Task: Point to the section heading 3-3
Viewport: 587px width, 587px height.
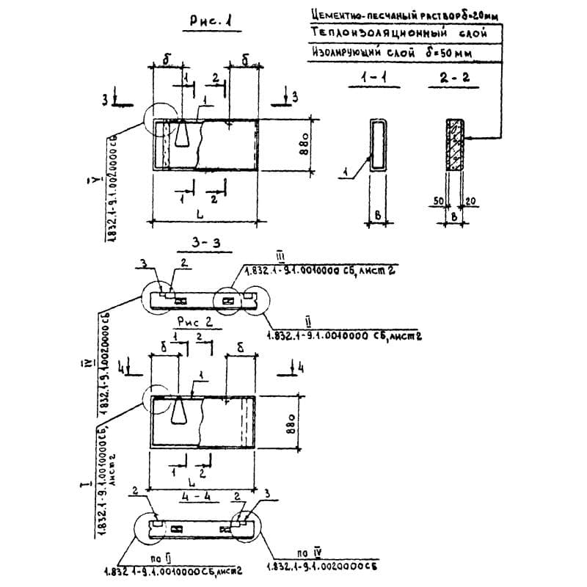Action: pos(203,242)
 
